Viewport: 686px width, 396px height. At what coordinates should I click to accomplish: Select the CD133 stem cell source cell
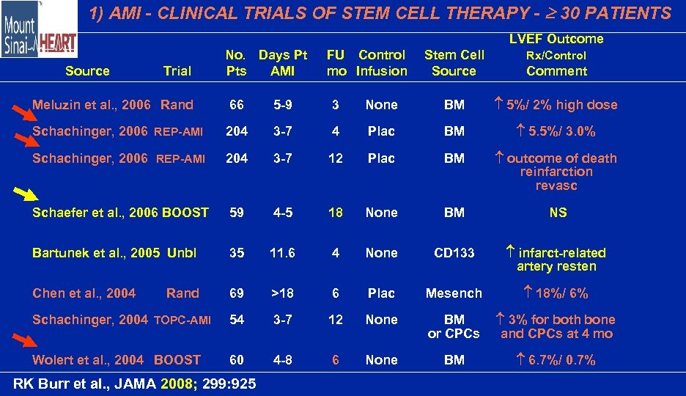click(x=454, y=253)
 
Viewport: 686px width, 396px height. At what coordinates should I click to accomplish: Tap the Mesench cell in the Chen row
click(x=454, y=293)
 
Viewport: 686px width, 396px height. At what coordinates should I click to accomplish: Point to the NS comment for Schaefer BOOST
click(x=558, y=213)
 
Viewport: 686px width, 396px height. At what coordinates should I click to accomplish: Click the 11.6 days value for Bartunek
click(x=282, y=253)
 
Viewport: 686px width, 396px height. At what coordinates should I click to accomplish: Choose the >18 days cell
click(x=282, y=293)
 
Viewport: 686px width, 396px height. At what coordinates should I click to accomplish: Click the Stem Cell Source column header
click(x=454, y=63)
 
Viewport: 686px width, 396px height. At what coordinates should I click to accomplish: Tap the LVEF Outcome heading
click(x=556, y=39)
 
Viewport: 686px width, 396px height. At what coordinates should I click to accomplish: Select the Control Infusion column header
click(x=381, y=63)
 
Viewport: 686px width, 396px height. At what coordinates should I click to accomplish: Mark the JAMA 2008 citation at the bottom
click(x=135, y=383)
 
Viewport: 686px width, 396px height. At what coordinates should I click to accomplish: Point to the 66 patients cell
click(x=236, y=105)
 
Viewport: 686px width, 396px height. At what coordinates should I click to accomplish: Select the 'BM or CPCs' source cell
click(x=454, y=326)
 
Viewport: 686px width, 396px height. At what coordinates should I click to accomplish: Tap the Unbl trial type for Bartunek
click(x=182, y=253)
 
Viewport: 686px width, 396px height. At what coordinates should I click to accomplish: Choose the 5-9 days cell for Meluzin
click(x=282, y=105)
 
